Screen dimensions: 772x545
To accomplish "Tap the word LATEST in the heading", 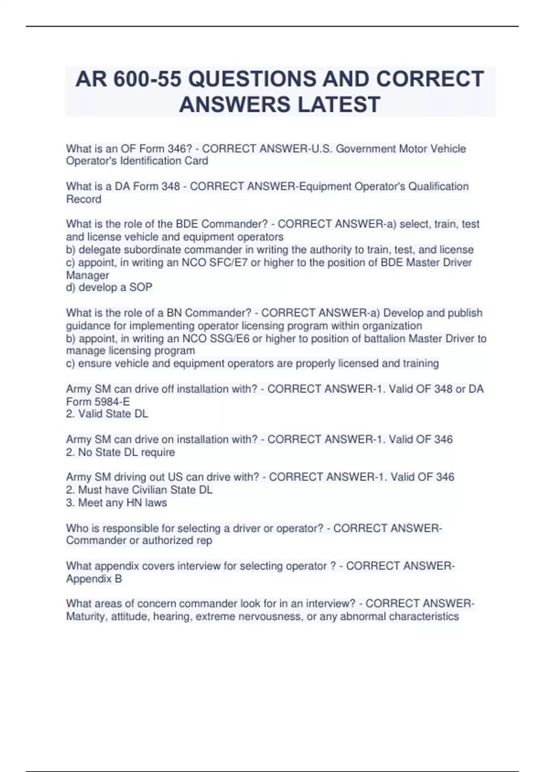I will point(338,104).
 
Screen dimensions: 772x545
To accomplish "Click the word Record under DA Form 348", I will point(84,199).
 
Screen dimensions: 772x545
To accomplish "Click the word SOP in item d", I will point(141,287).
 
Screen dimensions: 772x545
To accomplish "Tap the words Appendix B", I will point(94,579).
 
